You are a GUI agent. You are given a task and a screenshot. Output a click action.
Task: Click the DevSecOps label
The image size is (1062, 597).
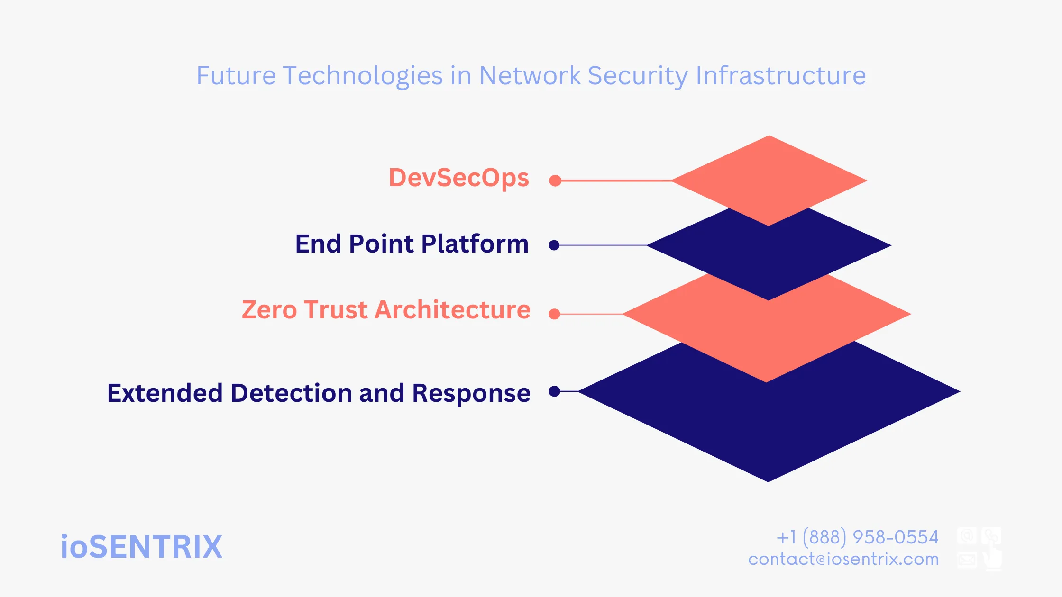pos(458,178)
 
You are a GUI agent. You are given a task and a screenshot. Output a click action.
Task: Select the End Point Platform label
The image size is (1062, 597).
pos(412,244)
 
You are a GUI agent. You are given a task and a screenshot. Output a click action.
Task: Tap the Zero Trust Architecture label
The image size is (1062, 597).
pos(386,310)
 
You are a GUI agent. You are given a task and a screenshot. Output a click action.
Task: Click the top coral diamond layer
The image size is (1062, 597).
pos(769,175)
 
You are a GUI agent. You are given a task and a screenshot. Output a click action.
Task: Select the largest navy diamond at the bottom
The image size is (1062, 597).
pos(768,426)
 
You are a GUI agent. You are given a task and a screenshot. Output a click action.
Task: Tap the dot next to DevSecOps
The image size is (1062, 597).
pos(555,181)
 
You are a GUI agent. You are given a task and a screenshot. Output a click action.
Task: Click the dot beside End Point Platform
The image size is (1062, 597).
pos(554,245)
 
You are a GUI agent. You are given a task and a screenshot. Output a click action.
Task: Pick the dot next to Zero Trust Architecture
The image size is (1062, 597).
pos(554,314)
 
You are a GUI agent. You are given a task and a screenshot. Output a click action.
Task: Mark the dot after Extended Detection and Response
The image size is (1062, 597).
pos(554,391)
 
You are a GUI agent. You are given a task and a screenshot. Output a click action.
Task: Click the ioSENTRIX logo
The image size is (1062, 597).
pos(141,547)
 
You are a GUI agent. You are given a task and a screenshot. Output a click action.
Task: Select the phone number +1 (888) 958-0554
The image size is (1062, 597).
pos(857,537)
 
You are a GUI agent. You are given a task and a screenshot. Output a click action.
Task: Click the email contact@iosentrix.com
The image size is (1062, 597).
pos(843,559)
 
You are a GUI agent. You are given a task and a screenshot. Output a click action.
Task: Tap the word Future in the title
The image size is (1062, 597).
pos(236,76)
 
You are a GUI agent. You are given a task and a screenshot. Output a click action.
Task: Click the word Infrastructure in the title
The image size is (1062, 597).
pos(780,76)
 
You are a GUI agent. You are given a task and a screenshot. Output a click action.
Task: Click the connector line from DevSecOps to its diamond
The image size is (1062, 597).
pos(616,181)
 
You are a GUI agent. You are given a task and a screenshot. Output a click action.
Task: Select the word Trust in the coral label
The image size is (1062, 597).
pos(335,310)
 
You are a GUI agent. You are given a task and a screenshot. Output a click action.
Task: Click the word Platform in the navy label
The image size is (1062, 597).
pos(475,244)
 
